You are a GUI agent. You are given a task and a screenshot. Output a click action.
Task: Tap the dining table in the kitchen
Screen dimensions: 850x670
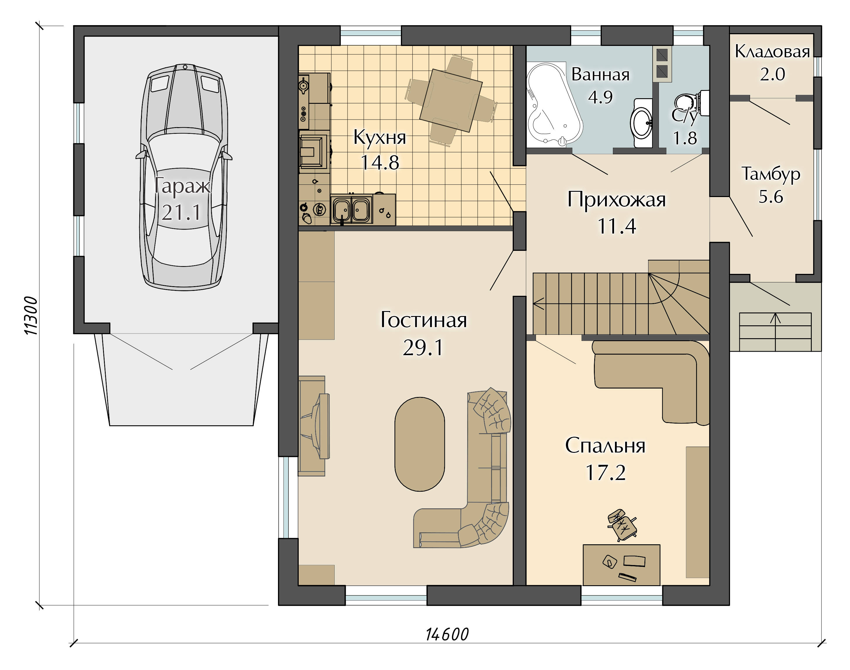pos(451,101)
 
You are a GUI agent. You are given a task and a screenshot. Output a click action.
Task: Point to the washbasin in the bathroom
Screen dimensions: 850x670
pos(642,123)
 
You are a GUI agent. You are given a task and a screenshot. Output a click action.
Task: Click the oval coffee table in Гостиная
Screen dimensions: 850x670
pos(420,444)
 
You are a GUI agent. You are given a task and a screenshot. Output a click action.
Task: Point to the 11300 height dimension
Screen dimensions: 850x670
pos(31,315)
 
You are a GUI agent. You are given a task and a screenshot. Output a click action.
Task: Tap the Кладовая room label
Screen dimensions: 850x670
pos(772,52)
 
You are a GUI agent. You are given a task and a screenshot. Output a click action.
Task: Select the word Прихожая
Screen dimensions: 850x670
pos(616,200)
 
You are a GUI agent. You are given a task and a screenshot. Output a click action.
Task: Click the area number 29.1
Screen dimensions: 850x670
pos(423,348)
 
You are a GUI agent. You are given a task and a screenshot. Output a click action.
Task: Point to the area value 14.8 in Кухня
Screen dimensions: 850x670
pos(380,163)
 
